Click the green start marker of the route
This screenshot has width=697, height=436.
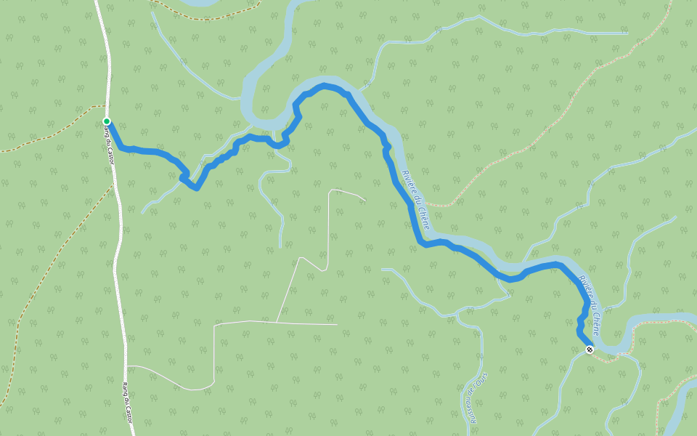[x=107, y=121]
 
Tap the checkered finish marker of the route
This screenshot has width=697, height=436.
[x=590, y=350]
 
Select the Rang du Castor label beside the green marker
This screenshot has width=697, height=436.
[x=110, y=144]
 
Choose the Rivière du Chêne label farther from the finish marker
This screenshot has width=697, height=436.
[x=415, y=201]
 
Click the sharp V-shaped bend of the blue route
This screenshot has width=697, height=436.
[x=196, y=189]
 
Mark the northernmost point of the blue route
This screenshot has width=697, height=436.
[x=325, y=86]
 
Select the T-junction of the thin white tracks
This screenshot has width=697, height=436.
[x=277, y=322]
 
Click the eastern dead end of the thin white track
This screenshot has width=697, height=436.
[x=365, y=199]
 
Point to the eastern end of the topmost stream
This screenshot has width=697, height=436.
[x=627, y=33]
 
